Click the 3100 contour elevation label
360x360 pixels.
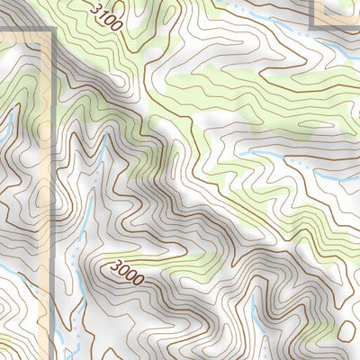pyautogui.click(x=106, y=16)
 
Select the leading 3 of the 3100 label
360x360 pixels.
pyautogui.click(x=95, y=7)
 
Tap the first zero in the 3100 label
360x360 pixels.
pyautogui.click(x=109, y=19)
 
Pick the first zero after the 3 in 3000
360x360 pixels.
pyautogui.click(x=125, y=269)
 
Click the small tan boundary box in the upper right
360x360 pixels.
pyautogui.click(x=335, y=13)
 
